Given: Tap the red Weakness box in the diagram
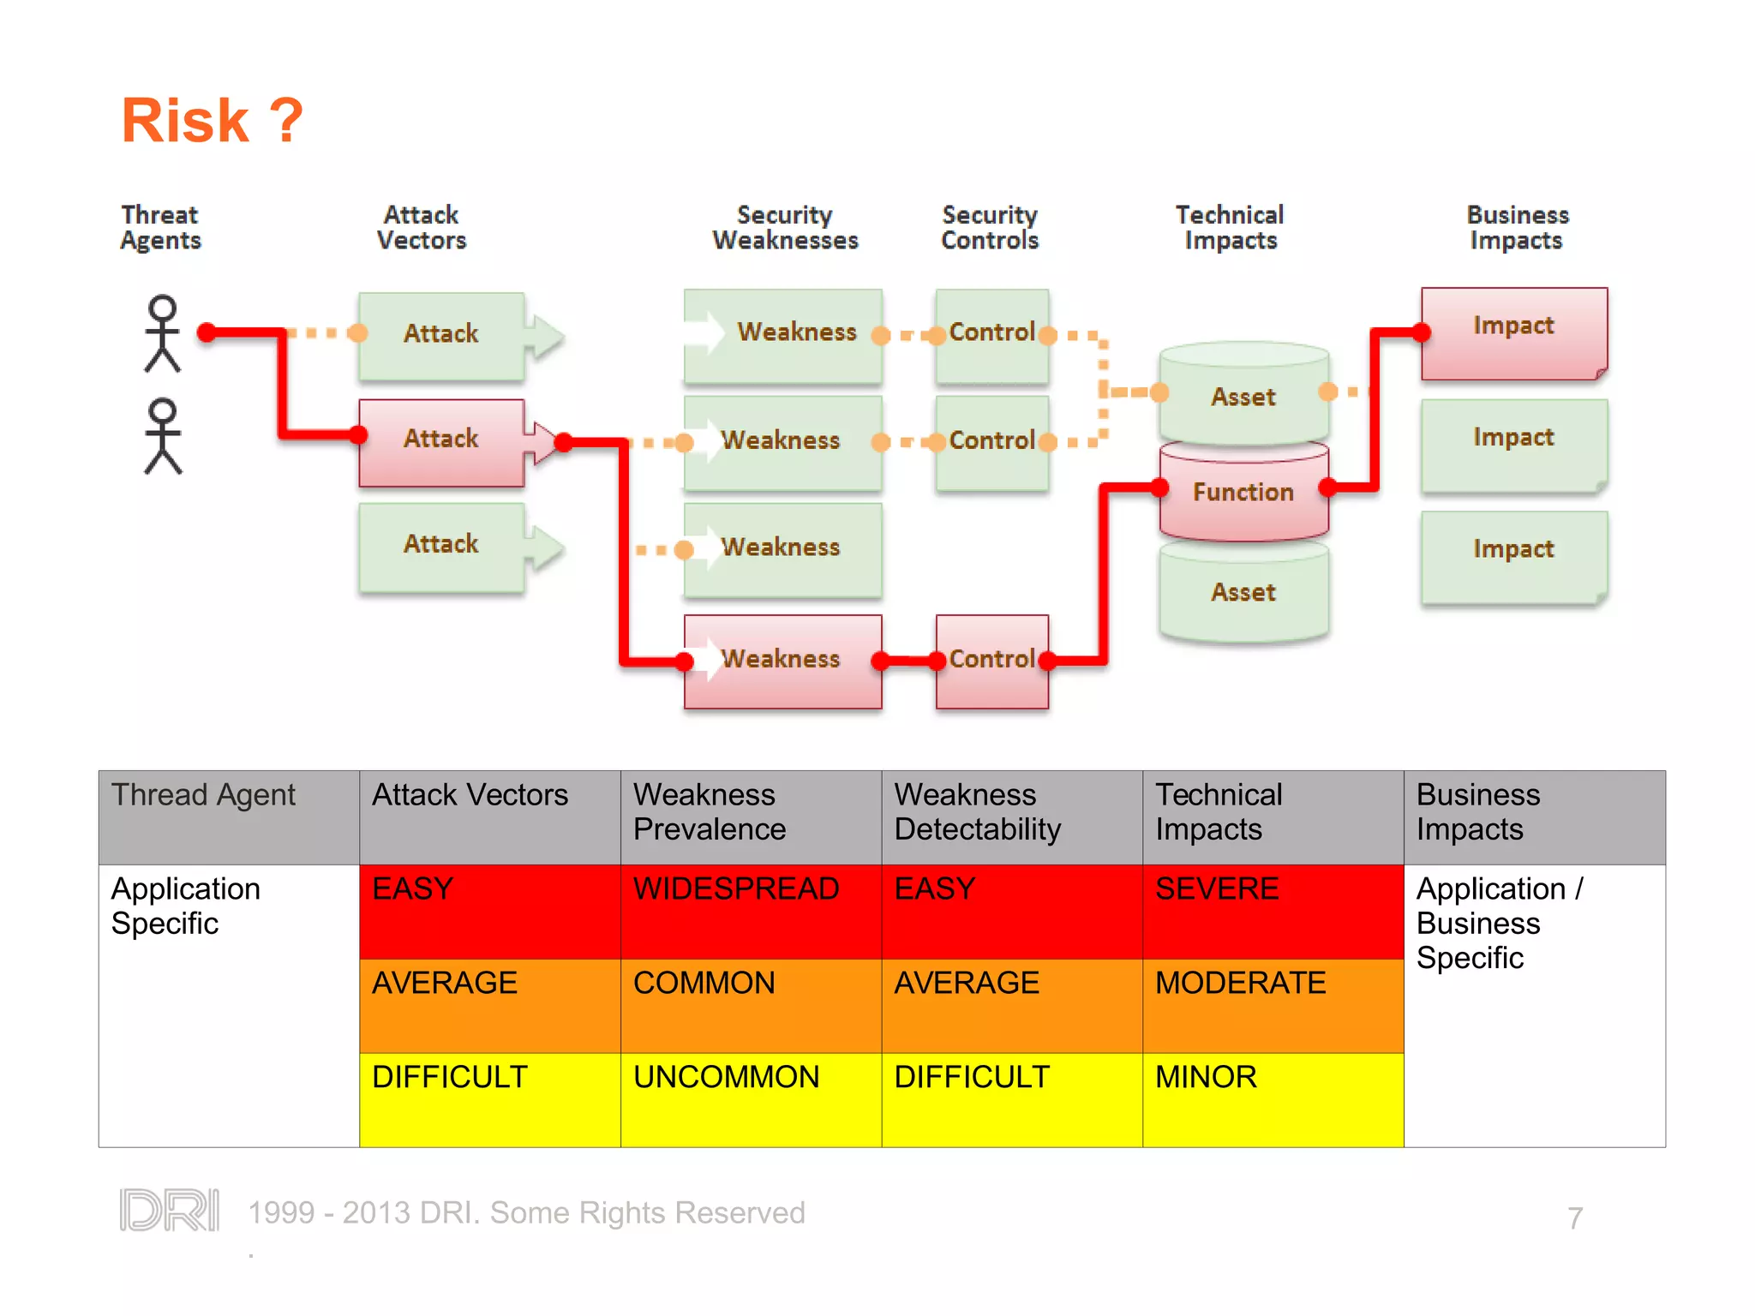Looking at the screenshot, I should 782,660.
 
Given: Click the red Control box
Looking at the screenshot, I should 991,660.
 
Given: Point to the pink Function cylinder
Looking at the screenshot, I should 1243,493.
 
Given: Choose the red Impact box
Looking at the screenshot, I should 1513,332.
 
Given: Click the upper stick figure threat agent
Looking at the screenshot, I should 162,333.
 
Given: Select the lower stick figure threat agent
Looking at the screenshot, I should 162,436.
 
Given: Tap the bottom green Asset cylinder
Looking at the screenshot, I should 1243,594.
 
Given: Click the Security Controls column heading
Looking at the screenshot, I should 990,228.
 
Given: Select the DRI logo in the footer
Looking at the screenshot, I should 170,1210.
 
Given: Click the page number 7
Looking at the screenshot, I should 1574,1217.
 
